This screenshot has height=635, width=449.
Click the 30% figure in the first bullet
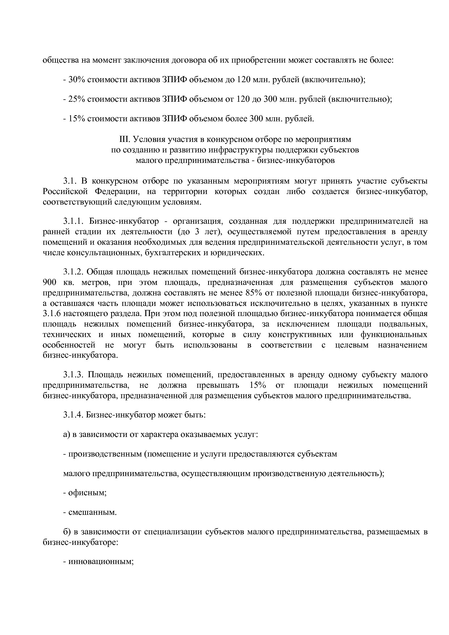click(x=76, y=80)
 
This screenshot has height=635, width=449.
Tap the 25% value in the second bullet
click(x=76, y=99)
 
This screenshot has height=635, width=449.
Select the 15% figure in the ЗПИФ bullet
click(x=76, y=118)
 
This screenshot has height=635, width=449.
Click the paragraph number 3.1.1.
click(x=74, y=221)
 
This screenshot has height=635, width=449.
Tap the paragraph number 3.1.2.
click(x=74, y=272)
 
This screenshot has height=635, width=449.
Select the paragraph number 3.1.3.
click(x=74, y=375)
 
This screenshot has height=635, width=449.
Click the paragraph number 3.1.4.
click(x=74, y=415)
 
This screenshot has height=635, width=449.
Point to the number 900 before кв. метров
click(x=49, y=282)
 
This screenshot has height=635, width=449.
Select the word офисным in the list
click(x=87, y=493)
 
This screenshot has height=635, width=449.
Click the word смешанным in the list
click(x=92, y=512)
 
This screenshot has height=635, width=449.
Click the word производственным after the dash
click(x=105, y=454)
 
